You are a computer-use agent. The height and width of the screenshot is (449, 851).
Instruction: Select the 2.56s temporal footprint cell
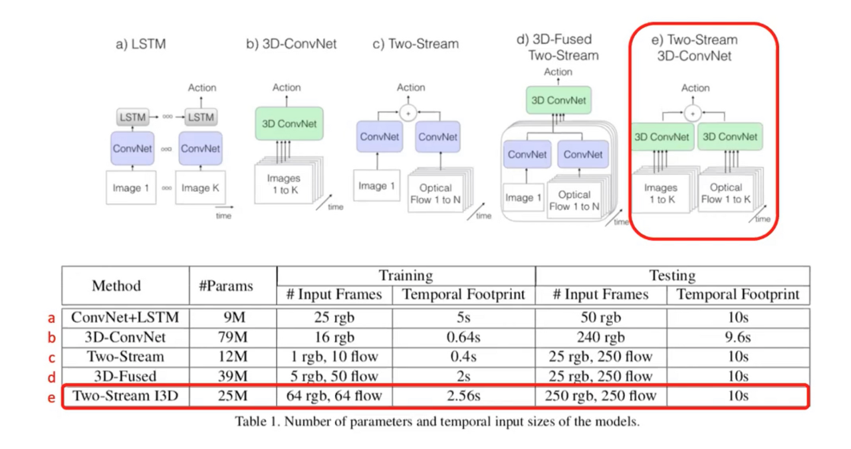(x=463, y=396)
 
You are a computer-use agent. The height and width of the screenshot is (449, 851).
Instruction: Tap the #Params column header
(x=226, y=286)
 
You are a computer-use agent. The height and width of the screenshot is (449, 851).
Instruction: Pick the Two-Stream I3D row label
(x=126, y=396)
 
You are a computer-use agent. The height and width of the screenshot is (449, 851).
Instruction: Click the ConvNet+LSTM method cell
(x=126, y=318)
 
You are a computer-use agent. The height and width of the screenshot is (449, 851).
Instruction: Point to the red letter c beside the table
(x=52, y=357)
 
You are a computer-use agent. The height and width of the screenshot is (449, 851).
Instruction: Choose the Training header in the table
(x=406, y=276)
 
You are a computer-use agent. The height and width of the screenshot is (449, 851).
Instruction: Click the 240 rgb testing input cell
(x=600, y=337)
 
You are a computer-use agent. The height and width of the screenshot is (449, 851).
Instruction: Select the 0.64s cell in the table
(x=463, y=337)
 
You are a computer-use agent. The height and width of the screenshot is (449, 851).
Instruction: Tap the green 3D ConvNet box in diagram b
(x=289, y=124)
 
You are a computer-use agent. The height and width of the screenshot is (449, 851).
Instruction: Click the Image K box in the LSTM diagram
(x=200, y=188)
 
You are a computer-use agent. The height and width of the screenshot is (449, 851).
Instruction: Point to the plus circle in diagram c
(x=408, y=114)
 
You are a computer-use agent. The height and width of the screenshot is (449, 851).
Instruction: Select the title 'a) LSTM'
(x=140, y=45)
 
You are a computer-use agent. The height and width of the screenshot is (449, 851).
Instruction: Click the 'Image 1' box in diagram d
(x=523, y=197)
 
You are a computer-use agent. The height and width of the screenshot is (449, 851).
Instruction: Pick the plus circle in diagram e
(x=693, y=114)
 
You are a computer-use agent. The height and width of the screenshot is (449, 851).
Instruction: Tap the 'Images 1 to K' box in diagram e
(x=660, y=193)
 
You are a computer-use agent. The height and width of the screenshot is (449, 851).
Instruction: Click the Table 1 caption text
(x=437, y=422)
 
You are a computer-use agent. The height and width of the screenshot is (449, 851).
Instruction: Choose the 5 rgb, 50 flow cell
(x=334, y=377)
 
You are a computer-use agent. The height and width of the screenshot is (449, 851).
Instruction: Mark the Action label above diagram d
(x=558, y=72)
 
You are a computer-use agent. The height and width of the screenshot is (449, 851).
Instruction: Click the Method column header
(x=116, y=286)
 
